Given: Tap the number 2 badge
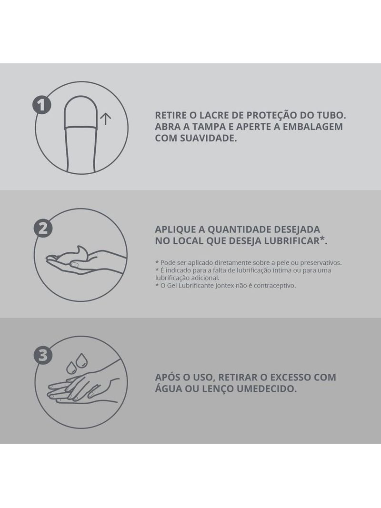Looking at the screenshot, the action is (x=43, y=228).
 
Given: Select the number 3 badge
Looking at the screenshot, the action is (x=43, y=355).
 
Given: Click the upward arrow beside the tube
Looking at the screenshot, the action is (x=105, y=119).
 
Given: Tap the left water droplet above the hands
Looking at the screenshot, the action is (x=71, y=367).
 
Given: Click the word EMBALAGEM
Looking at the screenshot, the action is (x=313, y=127).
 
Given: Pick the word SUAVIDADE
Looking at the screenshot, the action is (x=208, y=138).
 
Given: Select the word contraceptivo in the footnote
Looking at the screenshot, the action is (x=275, y=286).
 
